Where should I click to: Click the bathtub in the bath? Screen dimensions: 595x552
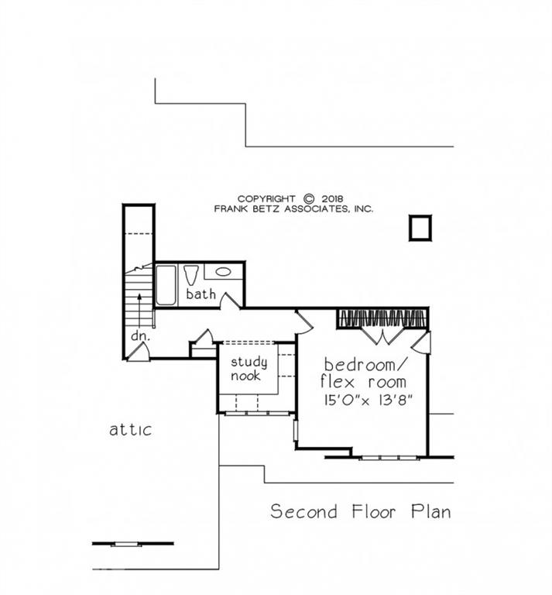(166, 285)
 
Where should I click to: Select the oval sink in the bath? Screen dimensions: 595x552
(223, 272)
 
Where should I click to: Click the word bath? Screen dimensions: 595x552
(201, 294)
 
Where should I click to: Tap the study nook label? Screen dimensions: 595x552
(249, 369)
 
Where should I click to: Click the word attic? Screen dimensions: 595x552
(130, 429)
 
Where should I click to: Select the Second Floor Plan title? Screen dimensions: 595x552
(360, 512)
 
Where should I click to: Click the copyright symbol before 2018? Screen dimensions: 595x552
(309, 198)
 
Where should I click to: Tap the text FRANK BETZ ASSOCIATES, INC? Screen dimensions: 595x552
(293, 209)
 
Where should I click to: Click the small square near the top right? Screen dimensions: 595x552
(420, 229)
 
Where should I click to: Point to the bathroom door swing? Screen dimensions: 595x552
(229, 300)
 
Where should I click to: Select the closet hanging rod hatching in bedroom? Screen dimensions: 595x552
(382, 318)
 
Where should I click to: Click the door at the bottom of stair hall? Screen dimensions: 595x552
(139, 353)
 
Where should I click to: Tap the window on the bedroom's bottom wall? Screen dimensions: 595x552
(389, 457)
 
